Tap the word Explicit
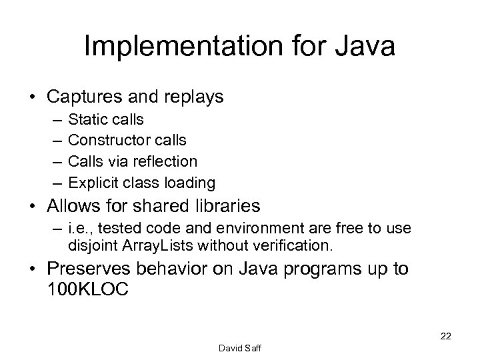pos(91,182)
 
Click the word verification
pos(294,245)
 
